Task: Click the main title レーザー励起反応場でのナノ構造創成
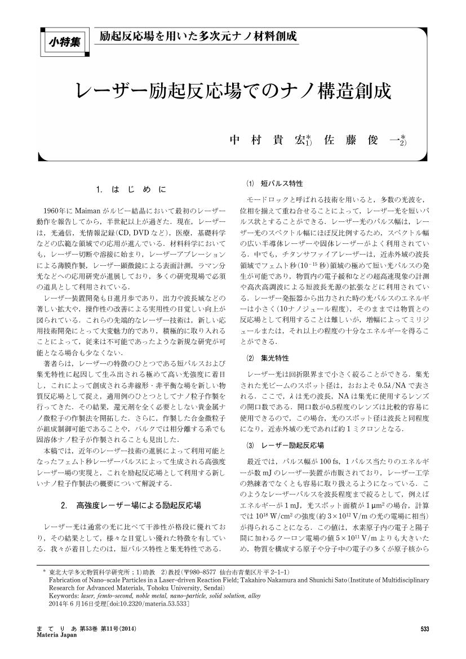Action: [x=233, y=90]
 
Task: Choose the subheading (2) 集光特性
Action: [x=270, y=358]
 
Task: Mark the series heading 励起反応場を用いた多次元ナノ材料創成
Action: [x=198, y=37]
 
